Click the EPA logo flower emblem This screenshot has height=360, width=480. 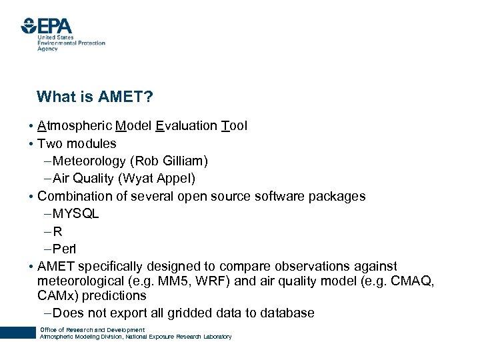pyautogui.click(x=29, y=26)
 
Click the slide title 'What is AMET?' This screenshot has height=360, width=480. pyautogui.click(x=95, y=97)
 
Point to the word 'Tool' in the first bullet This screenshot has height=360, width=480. pyautogui.click(x=233, y=125)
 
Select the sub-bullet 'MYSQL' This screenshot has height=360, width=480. pyautogui.click(x=75, y=214)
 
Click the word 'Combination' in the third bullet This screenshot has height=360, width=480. pyautogui.click(x=73, y=197)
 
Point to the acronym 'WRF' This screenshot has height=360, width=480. pyautogui.click(x=207, y=281)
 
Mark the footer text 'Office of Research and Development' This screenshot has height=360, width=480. pyautogui.click(x=92, y=330)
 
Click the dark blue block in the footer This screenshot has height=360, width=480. pyautogui.click(x=17, y=333)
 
